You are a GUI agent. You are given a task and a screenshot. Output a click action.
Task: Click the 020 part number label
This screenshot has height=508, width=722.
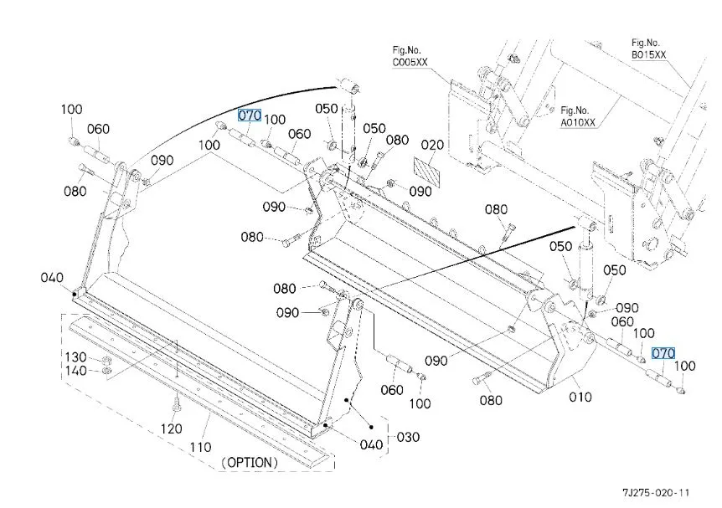(x=432, y=146)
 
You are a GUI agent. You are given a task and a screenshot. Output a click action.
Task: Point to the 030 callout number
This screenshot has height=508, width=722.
(x=408, y=437)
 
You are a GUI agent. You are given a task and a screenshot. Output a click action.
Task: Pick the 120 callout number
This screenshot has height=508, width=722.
(x=171, y=429)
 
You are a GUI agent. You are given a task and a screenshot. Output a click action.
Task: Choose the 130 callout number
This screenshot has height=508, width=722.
(x=76, y=357)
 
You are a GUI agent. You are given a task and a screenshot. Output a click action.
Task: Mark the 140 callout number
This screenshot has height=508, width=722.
(x=76, y=371)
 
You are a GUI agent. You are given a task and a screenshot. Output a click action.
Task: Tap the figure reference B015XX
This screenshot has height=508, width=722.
(x=649, y=54)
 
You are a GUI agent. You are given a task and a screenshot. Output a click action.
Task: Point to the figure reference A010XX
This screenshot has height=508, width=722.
(x=578, y=122)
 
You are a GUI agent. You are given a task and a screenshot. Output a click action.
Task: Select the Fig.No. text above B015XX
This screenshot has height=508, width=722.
(x=647, y=42)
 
